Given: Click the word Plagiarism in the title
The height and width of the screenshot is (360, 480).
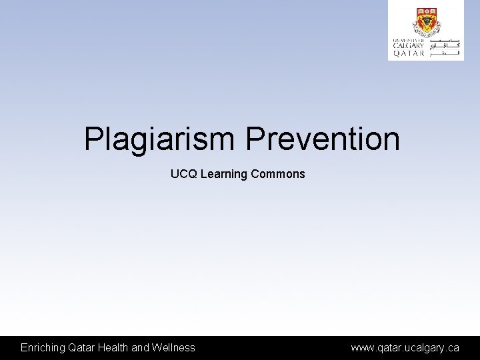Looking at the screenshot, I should tap(159, 139).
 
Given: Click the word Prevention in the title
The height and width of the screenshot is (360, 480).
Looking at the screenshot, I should tap(323, 139).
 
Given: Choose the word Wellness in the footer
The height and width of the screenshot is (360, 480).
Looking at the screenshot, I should tap(173, 347).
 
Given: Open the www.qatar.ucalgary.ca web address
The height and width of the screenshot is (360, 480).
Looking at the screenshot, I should tap(405, 347).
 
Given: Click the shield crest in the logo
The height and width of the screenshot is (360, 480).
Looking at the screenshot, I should tap(425, 22).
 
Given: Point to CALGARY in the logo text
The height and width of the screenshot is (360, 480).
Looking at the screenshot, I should tap(407, 46).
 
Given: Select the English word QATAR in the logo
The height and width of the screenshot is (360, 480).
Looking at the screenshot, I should tap(407, 54).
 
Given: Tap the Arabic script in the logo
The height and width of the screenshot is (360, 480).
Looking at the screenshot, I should tap(445, 47).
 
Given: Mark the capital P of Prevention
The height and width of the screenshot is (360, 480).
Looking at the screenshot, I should tap(254, 139).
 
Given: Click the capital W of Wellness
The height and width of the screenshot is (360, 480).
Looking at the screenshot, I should tap(158, 347).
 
